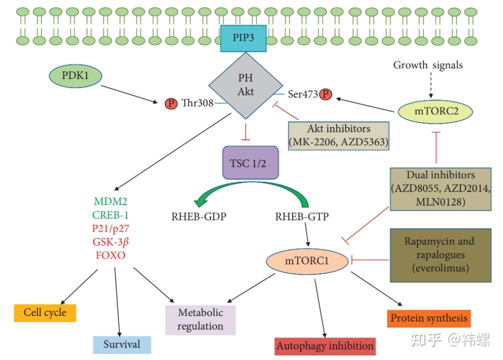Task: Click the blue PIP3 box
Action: point(243,38)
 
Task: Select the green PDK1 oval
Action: point(75,75)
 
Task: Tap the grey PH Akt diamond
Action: point(245,85)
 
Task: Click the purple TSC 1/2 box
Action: point(250,162)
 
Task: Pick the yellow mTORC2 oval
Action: point(435,111)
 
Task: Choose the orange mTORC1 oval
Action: point(307,261)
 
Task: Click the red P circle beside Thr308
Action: point(171,103)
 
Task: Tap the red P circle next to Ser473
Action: point(325,94)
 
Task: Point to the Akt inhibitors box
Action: point(338,135)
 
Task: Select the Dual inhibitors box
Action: point(440,188)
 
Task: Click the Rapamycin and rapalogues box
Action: point(440,255)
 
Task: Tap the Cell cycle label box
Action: point(45,313)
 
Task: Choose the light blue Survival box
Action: point(122,344)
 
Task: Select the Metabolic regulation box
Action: point(200,319)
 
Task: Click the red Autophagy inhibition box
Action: point(325,346)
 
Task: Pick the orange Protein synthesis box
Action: point(429,318)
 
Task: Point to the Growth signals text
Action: point(428,65)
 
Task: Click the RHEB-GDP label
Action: point(199,216)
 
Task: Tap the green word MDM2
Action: point(110,201)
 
